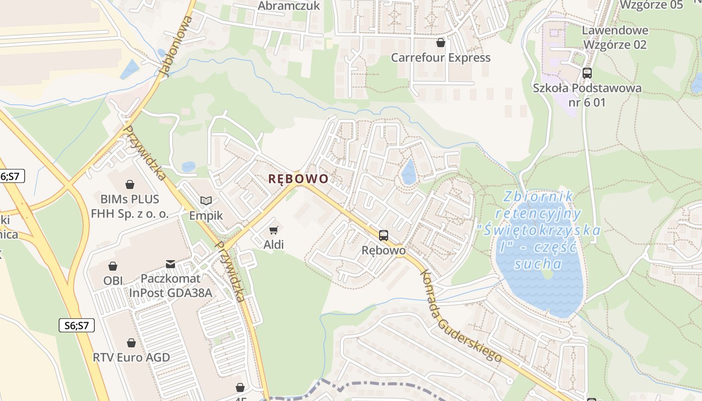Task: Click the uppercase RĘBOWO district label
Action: (x=298, y=179)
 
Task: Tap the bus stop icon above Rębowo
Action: (x=384, y=235)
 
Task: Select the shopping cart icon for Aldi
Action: (x=273, y=230)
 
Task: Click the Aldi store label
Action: (x=273, y=245)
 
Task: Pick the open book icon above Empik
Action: (x=206, y=200)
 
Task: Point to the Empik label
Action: (x=206, y=216)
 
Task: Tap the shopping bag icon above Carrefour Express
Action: (x=441, y=43)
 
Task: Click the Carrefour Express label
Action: (x=441, y=58)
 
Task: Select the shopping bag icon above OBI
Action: (x=113, y=266)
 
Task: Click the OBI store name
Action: (x=113, y=281)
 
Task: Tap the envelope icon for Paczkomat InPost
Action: (x=170, y=264)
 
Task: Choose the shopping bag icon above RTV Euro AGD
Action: (x=131, y=343)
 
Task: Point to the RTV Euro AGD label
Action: (x=131, y=358)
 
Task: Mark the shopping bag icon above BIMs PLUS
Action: (x=130, y=184)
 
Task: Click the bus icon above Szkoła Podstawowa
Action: (x=587, y=73)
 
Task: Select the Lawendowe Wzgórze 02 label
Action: (x=615, y=38)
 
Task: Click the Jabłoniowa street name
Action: (x=175, y=46)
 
